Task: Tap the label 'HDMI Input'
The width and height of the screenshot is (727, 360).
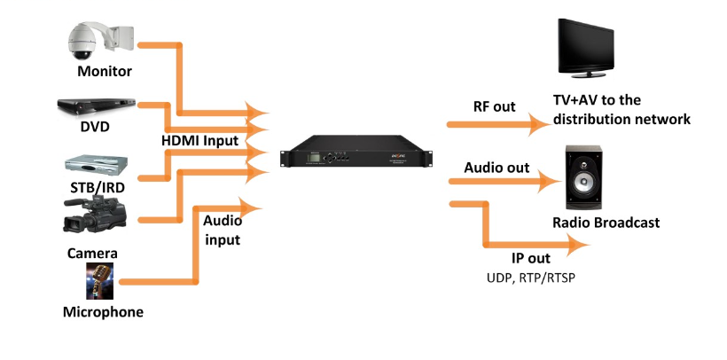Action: (x=199, y=141)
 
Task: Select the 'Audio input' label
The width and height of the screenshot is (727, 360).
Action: (x=223, y=227)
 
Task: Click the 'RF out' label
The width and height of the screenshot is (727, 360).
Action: (x=494, y=106)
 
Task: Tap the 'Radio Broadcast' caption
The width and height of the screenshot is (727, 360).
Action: (x=606, y=223)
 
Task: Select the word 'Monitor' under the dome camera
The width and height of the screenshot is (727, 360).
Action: (x=105, y=72)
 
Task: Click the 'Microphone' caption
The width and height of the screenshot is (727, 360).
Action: (x=103, y=312)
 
